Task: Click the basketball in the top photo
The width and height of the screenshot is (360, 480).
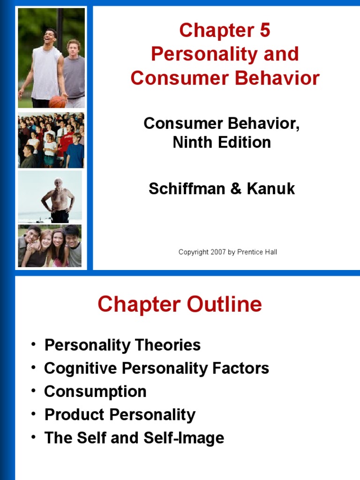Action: pyautogui.click(x=57, y=101)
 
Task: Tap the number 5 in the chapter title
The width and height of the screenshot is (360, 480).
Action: pyautogui.click(x=264, y=31)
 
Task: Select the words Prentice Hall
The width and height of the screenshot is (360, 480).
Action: pyautogui.click(x=257, y=252)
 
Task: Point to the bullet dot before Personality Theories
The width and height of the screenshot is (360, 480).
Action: pyautogui.click(x=33, y=345)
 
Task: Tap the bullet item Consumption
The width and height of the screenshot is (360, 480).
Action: pyautogui.click(x=95, y=391)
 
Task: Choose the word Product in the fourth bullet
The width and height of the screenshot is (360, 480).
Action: pyautogui.click(x=74, y=415)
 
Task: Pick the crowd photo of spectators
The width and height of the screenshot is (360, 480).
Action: pyautogui.click(x=51, y=140)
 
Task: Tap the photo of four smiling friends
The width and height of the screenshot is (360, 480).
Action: pyautogui.click(x=50, y=246)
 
